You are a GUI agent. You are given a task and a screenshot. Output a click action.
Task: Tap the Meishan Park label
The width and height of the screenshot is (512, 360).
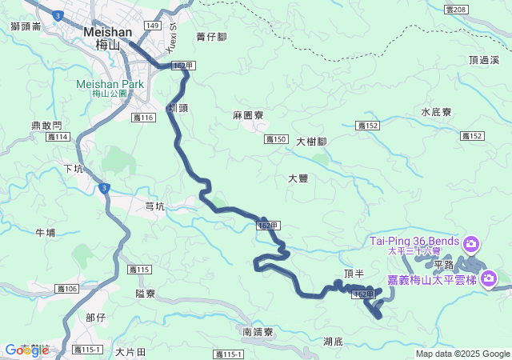click(110, 83)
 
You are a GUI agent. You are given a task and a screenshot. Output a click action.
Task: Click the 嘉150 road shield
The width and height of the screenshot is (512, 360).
click(276, 139)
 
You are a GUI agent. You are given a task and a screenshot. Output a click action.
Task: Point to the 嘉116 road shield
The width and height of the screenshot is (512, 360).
click(143, 118)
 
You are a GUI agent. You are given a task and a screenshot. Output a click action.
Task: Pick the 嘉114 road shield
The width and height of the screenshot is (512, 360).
click(58, 138)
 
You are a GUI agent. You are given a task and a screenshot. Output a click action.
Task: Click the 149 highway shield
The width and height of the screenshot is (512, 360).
click(152, 26)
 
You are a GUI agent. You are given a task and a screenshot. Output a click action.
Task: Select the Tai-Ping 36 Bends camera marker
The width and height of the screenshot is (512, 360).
click(471, 242)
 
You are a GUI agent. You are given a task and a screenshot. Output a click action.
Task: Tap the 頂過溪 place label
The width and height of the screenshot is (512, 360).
click(484, 60)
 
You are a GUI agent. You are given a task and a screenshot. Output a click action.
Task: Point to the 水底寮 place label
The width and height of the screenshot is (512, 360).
click(437, 113)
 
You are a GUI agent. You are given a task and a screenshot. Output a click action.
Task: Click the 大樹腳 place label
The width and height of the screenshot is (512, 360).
click(311, 142)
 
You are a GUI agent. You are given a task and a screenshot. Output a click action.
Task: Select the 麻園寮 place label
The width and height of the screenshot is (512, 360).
click(248, 116)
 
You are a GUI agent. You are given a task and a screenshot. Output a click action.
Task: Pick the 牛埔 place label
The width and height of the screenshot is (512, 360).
click(46, 233)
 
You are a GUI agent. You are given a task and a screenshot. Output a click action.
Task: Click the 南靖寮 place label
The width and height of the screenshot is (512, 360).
click(258, 331)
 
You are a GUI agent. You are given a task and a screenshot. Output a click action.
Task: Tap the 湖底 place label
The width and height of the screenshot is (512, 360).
click(334, 342)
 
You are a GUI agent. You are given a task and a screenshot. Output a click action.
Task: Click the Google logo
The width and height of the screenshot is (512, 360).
click(26, 350)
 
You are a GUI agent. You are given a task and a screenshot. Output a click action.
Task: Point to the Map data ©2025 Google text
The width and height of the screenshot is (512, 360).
click(462, 354)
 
